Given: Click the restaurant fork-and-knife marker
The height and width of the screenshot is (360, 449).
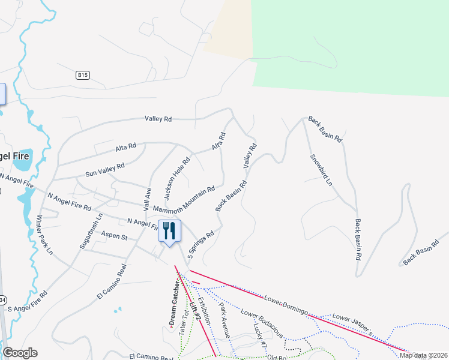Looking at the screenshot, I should (169, 230).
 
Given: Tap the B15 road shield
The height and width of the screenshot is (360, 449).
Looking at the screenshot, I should (83, 75).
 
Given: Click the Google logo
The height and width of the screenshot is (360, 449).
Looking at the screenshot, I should (20, 353).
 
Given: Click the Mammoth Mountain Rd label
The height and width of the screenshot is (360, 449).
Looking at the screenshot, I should (184, 199).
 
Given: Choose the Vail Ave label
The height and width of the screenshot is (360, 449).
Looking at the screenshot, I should (147, 199).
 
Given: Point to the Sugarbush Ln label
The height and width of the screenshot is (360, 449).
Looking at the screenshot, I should (91, 231).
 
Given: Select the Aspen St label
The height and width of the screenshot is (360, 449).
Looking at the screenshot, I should (115, 237).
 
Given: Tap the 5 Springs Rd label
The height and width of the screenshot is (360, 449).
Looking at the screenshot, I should (201, 245).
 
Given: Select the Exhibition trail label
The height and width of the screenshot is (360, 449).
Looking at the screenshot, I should (204, 311).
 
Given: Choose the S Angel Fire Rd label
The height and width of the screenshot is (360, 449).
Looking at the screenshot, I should (28, 301).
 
